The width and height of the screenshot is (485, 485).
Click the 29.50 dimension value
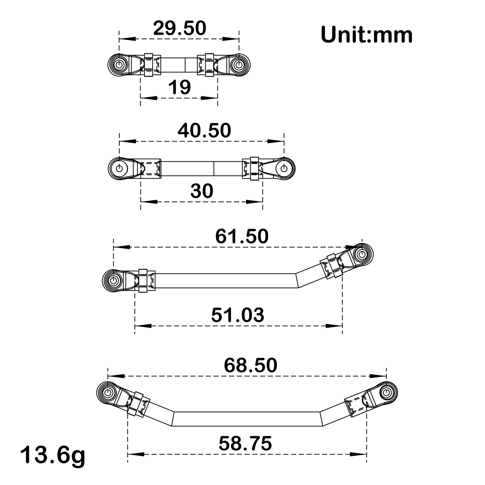(x=179, y=28)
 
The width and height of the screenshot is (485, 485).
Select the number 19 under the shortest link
(x=179, y=87)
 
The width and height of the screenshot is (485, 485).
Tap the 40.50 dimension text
(x=204, y=131)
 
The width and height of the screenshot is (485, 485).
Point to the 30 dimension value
(x=202, y=191)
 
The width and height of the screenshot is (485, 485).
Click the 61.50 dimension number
(x=242, y=237)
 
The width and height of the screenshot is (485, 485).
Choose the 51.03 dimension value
(x=238, y=315)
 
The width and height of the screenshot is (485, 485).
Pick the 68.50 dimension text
(x=250, y=366)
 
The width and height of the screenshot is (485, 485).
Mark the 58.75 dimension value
(x=245, y=444)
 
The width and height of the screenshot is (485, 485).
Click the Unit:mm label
(x=367, y=35)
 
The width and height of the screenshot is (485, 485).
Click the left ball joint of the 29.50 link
(x=119, y=65)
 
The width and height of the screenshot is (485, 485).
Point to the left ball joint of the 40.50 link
(x=119, y=168)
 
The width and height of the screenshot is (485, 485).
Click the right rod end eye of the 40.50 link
(x=284, y=168)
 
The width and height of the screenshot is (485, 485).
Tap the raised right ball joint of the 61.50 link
(x=362, y=254)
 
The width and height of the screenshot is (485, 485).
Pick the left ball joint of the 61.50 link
(x=113, y=280)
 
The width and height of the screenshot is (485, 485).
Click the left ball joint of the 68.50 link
(x=108, y=392)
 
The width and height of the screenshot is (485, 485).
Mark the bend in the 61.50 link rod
(x=297, y=280)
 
